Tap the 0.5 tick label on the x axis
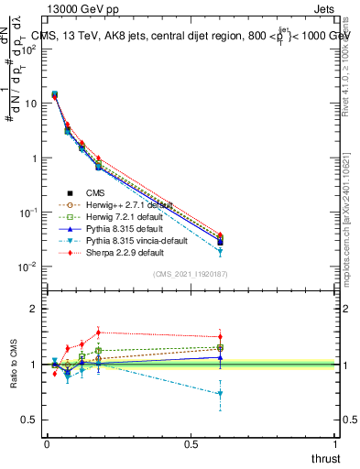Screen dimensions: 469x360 tap(191, 444)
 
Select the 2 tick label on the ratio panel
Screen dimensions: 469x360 tap(33, 309)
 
